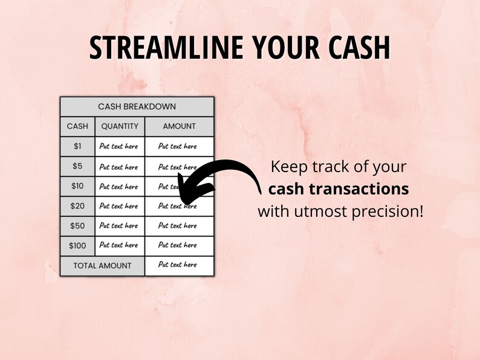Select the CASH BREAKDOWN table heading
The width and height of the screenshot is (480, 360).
coord(137,106)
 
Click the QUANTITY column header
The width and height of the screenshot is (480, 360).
coord(120,126)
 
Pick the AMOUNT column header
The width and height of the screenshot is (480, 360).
coord(179,126)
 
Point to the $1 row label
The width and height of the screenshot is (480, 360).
coord(77,146)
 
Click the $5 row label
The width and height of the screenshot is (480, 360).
coord(77,167)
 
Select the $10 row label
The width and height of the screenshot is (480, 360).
coord(77,187)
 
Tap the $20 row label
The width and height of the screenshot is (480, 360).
coord(77,206)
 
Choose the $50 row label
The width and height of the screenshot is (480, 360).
coord(77,225)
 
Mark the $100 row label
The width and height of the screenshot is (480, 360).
coord(77,245)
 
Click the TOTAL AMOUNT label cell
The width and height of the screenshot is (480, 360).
coord(102,265)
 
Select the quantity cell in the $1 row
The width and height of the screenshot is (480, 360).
coord(119,146)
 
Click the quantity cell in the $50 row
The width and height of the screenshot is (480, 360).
coord(119,225)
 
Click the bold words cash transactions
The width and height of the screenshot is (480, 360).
coord(338,189)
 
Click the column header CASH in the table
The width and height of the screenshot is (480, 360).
coord(77,126)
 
